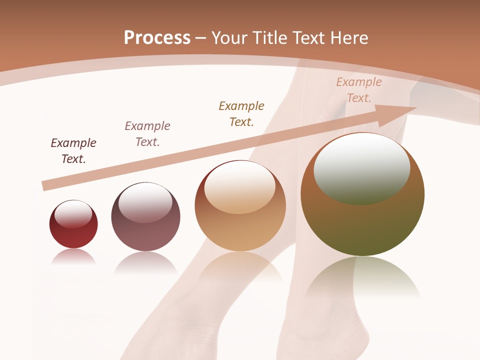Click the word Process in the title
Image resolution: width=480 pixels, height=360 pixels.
click(157, 38)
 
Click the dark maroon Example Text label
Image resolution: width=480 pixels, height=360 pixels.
click(73, 151)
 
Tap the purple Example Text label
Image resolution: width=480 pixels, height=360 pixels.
click(147, 134)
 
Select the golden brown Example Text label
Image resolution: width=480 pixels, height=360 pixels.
click(241, 114)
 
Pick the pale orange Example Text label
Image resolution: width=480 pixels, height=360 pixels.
click(359, 90)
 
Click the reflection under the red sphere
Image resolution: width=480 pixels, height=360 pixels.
click(73, 256)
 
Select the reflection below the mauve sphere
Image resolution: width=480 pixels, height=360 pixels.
click(145, 262)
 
